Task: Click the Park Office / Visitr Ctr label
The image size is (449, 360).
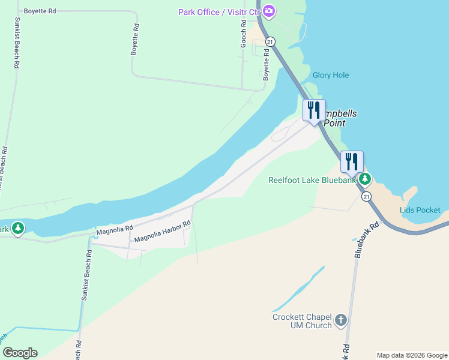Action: [x=218, y=12]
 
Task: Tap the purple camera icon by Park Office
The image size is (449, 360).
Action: [x=269, y=11]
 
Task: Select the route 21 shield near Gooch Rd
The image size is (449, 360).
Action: [x=271, y=41]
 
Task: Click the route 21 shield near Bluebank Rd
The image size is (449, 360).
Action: [x=367, y=196]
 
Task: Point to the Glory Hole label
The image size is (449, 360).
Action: [x=331, y=75]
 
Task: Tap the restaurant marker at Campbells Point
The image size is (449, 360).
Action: [x=314, y=111]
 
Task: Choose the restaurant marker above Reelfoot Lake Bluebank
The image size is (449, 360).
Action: [x=352, y=162]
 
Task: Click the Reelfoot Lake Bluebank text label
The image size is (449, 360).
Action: [x=312, y=180]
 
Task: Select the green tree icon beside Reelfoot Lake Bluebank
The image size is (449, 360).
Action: [x=364, y=179]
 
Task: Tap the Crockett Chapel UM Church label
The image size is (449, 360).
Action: [x=302, y=321]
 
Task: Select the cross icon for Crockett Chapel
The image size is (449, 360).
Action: [x=341, y=320]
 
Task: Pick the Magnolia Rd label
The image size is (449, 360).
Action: [x=114, y=230]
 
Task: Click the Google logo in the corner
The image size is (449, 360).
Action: [x=20, y=353]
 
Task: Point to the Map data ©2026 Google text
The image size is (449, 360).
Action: [x=411, y=355]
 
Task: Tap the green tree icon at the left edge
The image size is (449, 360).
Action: [x=18, y=229]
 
